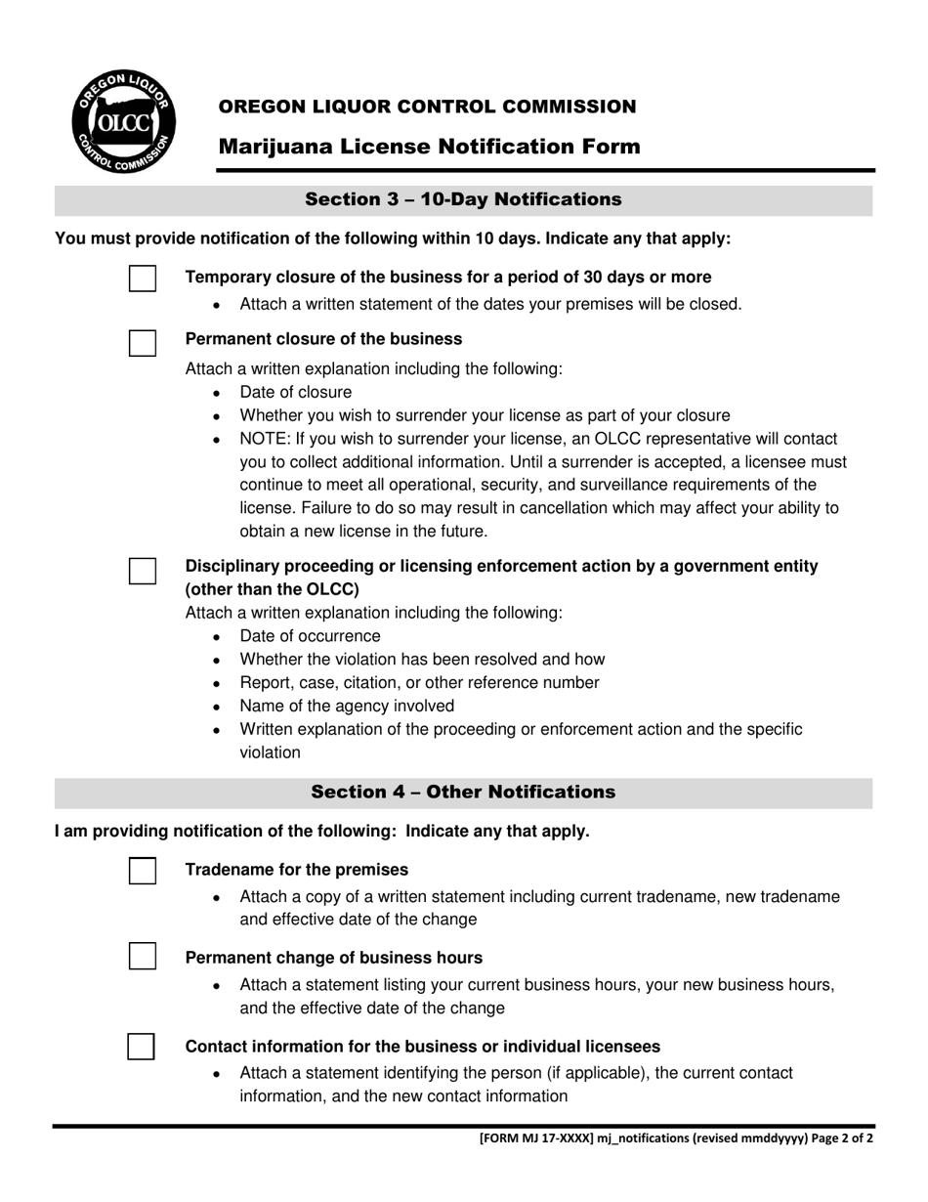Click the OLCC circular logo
click(x=122, y=123)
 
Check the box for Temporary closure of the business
click(x=143, y=279)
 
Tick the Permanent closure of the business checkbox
click(x=143, y=342)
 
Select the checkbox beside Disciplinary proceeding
click(x=143, y=571)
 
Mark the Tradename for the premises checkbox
click(x=143, y=871)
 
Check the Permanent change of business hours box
click(x=143, y=957)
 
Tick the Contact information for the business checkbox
click(x=143, y=1047)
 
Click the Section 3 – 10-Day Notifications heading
click(x=463, y=200)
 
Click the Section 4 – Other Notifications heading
click(x=463, y=793)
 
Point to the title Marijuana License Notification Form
click(x=429, y=147)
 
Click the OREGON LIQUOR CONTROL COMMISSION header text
click(x=427, y=107)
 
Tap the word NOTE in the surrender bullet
click(x=260, y=439)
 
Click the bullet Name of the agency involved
click(x=347, y=706)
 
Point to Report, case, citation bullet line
click(x=419, y=682)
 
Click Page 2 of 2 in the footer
click(x=843, y=1138)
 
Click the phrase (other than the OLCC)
click(x=272, y=589)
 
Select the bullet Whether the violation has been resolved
click(x=422, y=660)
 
